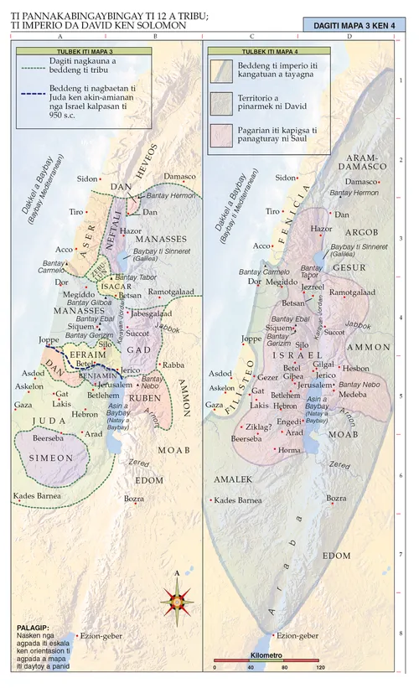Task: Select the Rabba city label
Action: (173, 365)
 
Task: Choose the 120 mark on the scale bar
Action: (319, 667)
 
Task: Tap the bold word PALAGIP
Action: (33, 627)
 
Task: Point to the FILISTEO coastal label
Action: (230, 385)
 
